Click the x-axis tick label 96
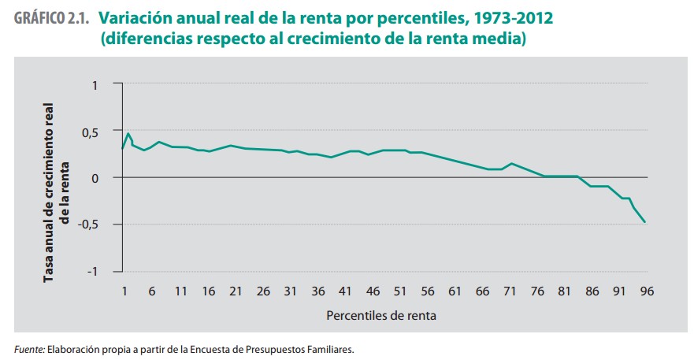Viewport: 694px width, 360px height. (647, 291)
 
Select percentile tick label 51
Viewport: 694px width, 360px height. (400, 291)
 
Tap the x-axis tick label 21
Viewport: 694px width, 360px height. (235, 291)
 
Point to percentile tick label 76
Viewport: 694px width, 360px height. (538, 291)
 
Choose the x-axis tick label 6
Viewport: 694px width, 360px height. (152, 291)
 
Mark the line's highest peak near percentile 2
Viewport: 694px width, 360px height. (128, 133)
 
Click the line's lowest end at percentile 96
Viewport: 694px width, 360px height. (645, 222)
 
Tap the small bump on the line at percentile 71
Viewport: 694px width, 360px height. (512, 163)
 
